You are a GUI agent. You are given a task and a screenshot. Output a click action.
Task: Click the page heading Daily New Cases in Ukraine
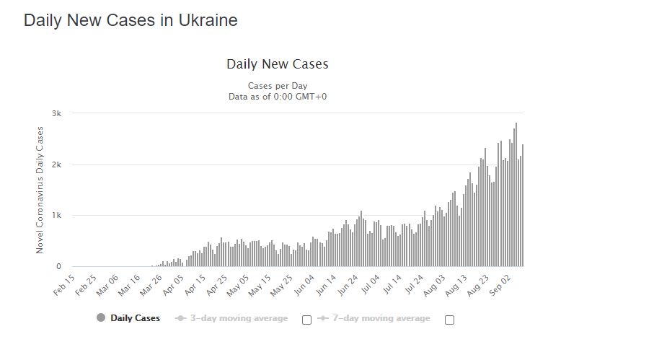131,20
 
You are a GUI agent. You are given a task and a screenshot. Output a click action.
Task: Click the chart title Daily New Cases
278,64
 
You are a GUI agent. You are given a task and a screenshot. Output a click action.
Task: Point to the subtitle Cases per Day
278,86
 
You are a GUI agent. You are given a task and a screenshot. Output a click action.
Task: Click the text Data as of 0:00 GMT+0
278,97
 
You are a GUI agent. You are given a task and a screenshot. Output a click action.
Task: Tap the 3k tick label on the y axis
56,113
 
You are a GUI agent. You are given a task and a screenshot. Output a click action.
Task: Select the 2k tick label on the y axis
56,164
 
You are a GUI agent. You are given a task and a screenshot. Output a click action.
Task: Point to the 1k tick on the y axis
56,216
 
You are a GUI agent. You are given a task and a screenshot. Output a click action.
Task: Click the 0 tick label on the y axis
58,267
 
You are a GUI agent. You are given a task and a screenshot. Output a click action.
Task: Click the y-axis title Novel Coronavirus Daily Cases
40,190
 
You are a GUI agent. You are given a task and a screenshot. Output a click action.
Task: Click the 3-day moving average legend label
239,318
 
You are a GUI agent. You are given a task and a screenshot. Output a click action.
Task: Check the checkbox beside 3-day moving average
306,320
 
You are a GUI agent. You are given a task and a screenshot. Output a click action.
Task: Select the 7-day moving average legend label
381,318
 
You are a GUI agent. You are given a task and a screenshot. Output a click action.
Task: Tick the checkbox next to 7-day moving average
449,320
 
